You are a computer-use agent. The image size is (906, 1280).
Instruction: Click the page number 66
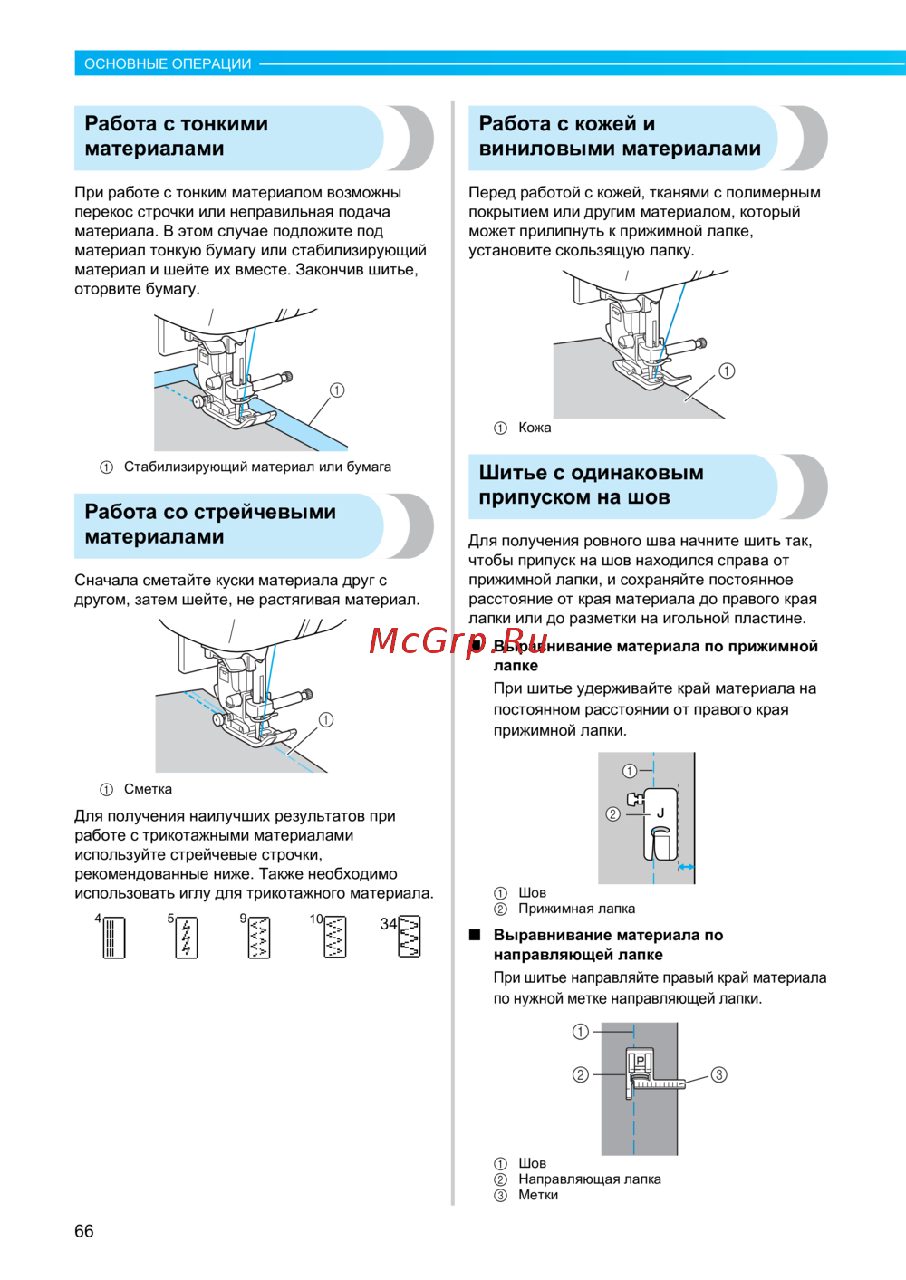point(84,1231)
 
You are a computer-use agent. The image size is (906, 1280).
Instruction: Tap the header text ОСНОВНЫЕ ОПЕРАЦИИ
point(168,63)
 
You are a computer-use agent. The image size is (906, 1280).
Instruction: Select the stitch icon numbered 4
point(113,938)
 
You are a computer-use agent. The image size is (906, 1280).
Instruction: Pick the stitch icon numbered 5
point(186,938)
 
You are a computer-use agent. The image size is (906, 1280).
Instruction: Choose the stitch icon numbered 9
point(259,938)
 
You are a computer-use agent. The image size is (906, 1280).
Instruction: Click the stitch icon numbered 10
point(334,938)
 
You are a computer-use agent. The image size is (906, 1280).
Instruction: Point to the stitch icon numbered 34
point(409,937)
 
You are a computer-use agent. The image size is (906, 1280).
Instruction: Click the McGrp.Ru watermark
point(458,641)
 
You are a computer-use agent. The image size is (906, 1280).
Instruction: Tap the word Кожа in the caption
point(535,428)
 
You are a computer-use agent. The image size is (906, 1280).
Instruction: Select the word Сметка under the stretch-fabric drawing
point(148,789)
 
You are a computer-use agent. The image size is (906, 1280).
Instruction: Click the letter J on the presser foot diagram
point(660,813)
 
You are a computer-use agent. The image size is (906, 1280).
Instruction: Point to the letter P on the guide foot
point(640,1061)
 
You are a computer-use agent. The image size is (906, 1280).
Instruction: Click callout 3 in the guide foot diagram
point(718,1074)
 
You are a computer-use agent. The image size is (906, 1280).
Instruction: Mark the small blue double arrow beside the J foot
point(686,867)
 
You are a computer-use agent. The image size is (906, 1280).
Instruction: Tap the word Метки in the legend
point(538,1195)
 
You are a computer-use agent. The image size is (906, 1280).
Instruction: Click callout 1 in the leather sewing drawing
point(727,371)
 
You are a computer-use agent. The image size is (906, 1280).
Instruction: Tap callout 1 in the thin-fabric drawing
point(337,390)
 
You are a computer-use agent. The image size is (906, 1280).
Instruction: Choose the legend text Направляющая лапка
point(590,1179)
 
